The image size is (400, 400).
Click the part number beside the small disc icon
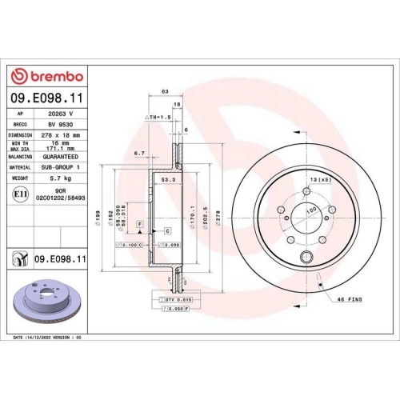point(60,258)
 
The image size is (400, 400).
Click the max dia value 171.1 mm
point(58,149)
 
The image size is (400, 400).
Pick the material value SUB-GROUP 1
point(58,168)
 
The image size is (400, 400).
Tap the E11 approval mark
point(18,194)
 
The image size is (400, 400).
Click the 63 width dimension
point(164,92)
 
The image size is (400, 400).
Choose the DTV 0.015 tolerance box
point(174,298)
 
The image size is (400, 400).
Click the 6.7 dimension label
point(138,153)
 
